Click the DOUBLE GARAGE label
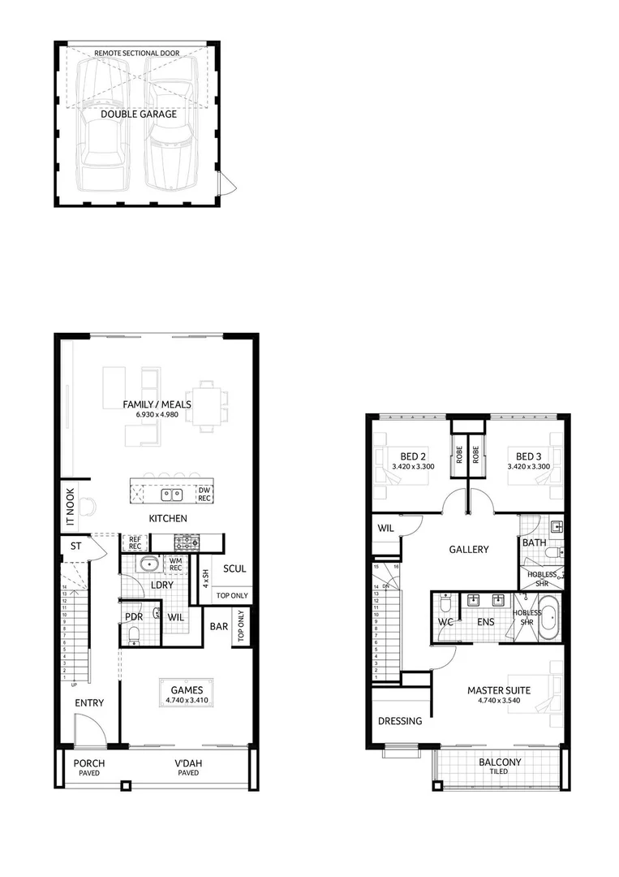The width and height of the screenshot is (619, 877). (138, 114)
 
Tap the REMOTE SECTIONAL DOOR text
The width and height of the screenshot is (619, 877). (137, 53)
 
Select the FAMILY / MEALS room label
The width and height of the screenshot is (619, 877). (157, 404)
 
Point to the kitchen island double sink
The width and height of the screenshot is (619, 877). (172, 493)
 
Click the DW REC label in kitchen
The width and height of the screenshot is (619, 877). (204, 494)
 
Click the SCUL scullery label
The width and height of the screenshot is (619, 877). (234, 569)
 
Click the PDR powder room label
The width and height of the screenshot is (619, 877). (134, 616)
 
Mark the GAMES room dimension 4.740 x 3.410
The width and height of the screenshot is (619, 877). (187, 699)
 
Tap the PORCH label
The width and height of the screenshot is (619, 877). (89, 763)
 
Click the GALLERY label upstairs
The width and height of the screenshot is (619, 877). (469, 550)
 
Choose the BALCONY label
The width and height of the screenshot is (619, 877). (499, 763)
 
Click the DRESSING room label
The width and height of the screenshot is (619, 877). (400, 720)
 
